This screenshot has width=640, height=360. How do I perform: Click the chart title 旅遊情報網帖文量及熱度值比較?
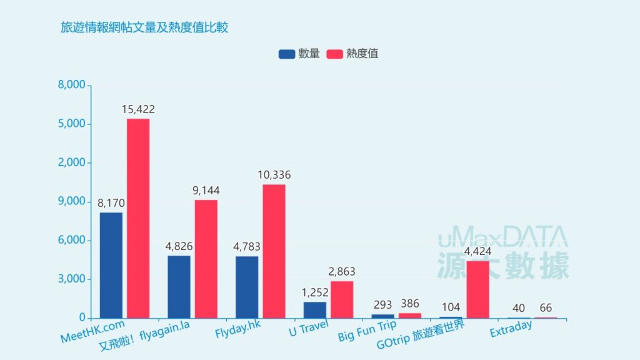(144, 27)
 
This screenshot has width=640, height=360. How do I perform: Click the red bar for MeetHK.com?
(138, 218)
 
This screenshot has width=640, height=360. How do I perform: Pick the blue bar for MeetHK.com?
(111, 265)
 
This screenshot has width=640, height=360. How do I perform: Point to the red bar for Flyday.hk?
(274, 251)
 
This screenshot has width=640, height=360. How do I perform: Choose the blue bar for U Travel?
(315, 310)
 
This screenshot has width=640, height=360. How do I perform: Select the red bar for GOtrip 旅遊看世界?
(477, 289)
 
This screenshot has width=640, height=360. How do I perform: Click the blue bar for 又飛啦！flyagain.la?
(179, 286)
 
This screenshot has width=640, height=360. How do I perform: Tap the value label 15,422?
(138, 109)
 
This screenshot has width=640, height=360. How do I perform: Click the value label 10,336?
(274, 175)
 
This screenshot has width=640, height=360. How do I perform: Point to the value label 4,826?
(179, 246)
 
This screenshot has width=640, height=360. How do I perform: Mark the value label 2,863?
(342, 272)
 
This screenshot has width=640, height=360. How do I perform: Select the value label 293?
(382, 305)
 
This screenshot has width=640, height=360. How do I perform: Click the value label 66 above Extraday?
(546, 307)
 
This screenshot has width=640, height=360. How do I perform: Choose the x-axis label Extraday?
(511, 327)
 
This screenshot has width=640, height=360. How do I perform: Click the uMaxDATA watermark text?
(502, 237)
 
